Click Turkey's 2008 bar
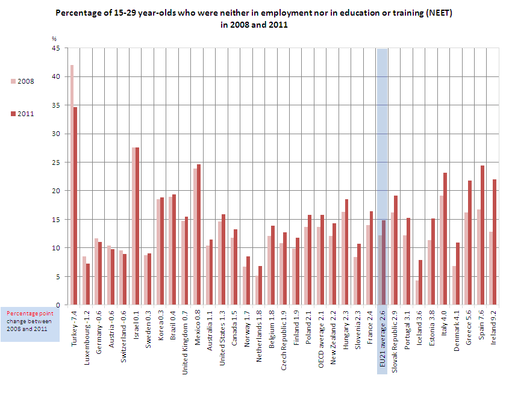coord(72,185)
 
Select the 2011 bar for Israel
coord(137,226)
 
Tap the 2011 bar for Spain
coord(482,235)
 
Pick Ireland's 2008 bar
coord(491,268)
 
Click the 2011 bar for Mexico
coord(199,235)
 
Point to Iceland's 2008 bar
coord(417,292)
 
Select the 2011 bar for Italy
coord(445,239)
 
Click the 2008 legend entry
coord(22,81)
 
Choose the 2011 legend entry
coord(22,114)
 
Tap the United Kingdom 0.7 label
coord(185,342)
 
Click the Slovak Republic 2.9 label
coord(395,341)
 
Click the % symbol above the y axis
coord(54,39)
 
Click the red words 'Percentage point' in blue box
coord(30,314)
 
